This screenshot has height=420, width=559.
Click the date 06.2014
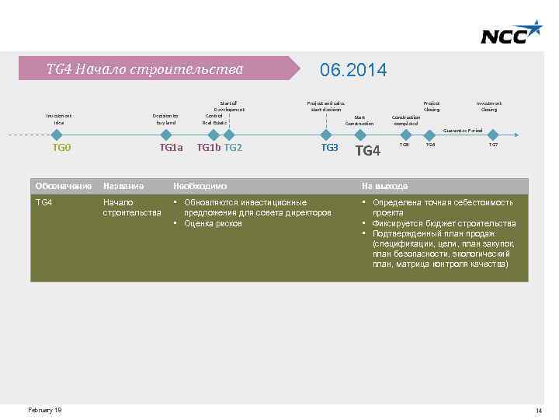(x=353, y=70)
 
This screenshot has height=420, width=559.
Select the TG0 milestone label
(x=61, y=147)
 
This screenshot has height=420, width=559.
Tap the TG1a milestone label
(x=171, y=147)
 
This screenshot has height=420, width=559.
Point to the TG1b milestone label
(x=208, y=147)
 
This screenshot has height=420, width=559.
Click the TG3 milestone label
(x=330, y=147)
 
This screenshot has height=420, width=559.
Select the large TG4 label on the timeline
(x=367, y=150)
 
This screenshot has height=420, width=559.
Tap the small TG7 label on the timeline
(x=493, y=145)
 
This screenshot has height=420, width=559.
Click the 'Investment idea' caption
(x=59, y=118)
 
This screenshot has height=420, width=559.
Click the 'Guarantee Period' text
(x=463, y=131)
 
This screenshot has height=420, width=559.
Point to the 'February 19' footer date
(x=45, y=410)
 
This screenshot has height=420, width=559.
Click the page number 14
(x=538, y=411)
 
